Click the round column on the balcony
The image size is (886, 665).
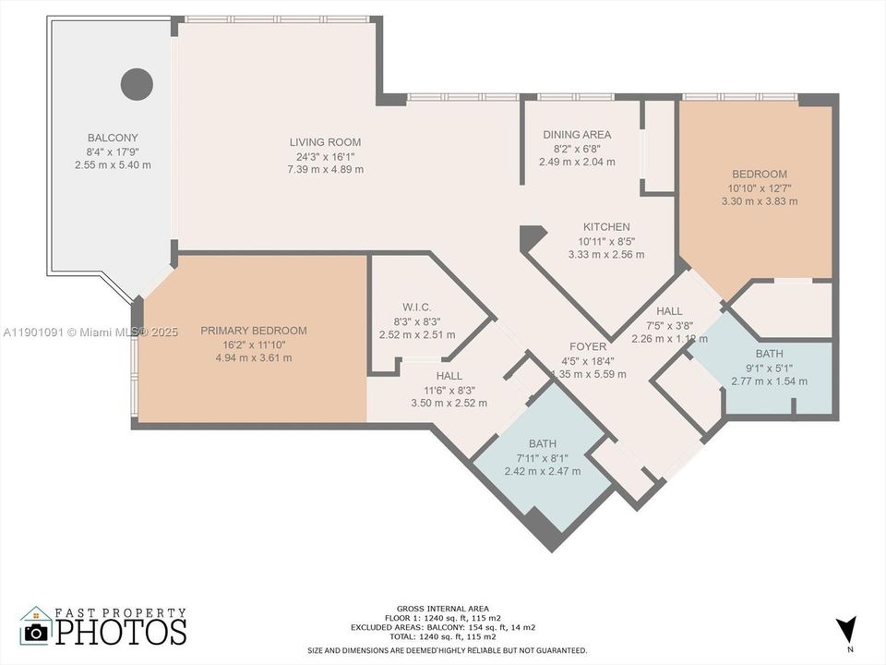[137, 84]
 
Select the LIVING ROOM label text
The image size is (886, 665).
[325, 142]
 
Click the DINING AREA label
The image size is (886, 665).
[577, 135]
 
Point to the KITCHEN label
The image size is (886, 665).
[606, 227]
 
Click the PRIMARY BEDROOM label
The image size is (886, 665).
[254, 331]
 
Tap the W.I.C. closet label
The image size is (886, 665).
[417, 308]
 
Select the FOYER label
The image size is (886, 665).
[588, 347]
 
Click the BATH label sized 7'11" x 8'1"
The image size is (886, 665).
[543, 444]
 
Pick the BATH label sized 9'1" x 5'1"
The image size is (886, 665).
[769, 354]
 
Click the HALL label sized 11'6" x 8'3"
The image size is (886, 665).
[449, 376]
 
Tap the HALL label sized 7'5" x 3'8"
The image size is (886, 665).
[669, 312]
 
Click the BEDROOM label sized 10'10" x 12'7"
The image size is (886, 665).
[760, 175]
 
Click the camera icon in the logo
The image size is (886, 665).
[36, 631]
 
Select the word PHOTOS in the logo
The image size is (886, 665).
[120, 632]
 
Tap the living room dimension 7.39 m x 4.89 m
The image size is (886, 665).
[325, 169]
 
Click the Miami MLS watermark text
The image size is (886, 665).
[90, 332]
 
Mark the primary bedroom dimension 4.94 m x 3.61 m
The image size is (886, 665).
[254, 357]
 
